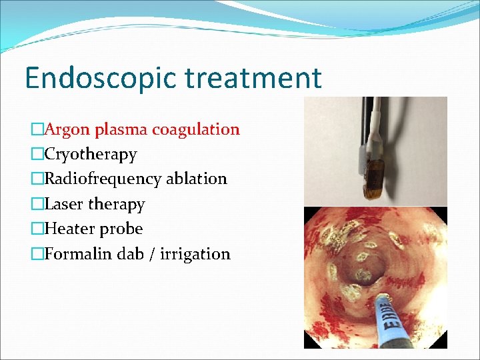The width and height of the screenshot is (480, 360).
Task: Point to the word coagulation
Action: click(196, 130)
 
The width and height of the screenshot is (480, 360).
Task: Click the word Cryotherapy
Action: click(91, 155)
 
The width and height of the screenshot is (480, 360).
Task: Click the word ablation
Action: click(197, 179)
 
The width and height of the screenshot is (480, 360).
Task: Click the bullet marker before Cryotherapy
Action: click(37, 155)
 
